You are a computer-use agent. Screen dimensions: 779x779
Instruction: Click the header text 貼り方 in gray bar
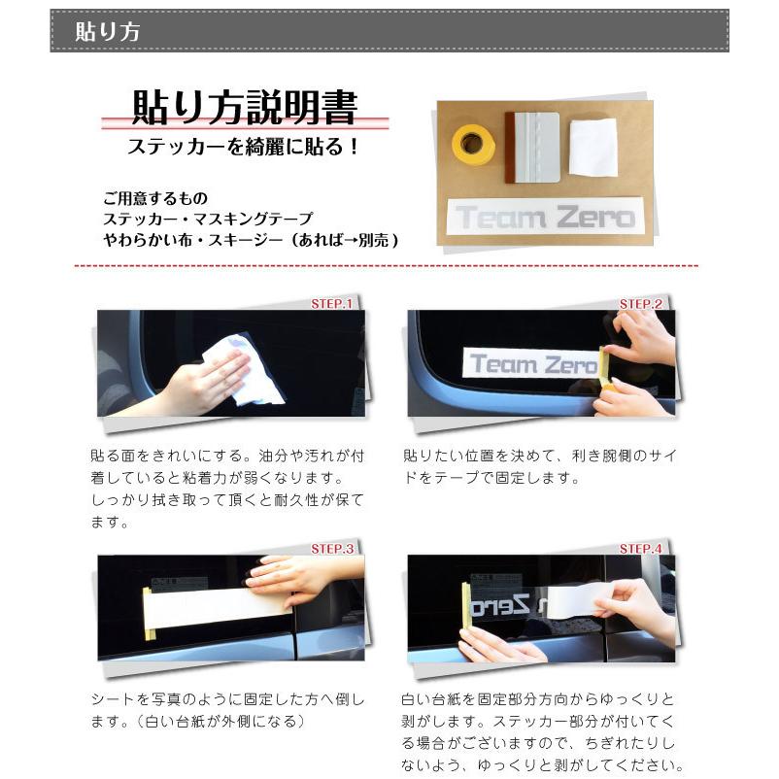coord(108,31)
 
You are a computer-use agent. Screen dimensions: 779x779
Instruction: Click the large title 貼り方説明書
coord(244,108)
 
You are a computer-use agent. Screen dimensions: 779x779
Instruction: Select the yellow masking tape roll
coord(473,144)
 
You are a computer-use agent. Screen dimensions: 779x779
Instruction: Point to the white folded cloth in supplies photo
coord(593,148)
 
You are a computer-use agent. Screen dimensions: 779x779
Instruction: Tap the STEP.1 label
coord(331,304)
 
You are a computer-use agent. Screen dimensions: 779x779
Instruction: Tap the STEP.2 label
coord(641,304)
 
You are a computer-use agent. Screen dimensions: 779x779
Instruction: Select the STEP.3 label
coord(331,549)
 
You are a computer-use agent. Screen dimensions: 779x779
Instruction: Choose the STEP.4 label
coord(641,549)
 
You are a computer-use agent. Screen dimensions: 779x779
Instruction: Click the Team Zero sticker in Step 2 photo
coord(532,364)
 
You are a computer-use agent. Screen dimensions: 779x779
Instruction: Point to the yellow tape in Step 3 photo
coord(149,614)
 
